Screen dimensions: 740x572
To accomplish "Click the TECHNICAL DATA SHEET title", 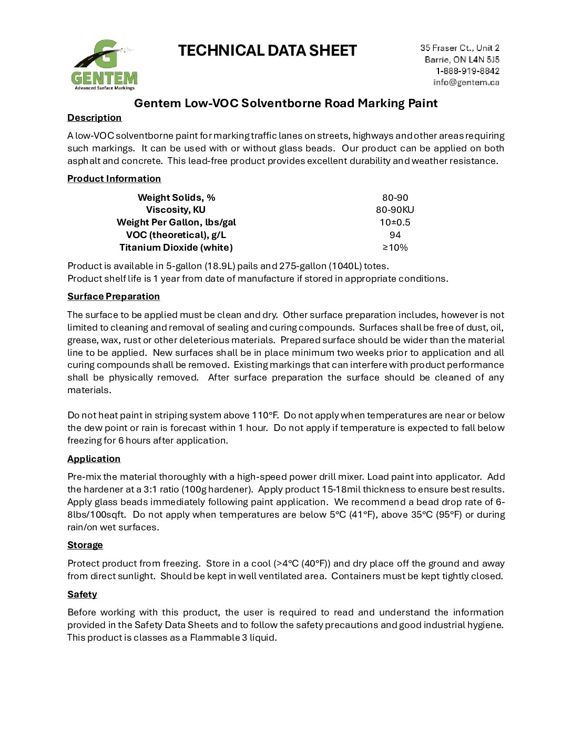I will pos(267,50).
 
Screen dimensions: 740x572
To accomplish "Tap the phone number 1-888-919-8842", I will pos(467,71).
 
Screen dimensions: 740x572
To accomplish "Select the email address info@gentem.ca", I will pos(466,83).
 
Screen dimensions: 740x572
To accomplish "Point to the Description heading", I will pos(94,118).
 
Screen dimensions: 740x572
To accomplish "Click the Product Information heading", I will pos(114,179).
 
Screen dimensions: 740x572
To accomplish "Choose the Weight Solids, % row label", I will pos(176,198).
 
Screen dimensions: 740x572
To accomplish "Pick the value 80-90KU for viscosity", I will pos(395,210).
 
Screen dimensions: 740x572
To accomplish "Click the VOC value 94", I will pos(395,235).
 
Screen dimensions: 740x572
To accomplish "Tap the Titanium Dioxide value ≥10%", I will pos(395,248).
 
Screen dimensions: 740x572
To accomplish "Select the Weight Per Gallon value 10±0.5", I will pos(395,222).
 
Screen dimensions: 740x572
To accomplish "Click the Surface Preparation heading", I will pos(114,296).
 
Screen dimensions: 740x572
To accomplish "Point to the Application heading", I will pos(94,459).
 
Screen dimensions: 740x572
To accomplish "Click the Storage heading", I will pos(85,545).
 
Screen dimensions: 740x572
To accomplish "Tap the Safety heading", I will pos(82,594).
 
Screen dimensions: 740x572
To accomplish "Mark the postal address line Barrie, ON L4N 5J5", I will pos(462,59).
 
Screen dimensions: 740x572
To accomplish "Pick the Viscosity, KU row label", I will pos(176,210).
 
